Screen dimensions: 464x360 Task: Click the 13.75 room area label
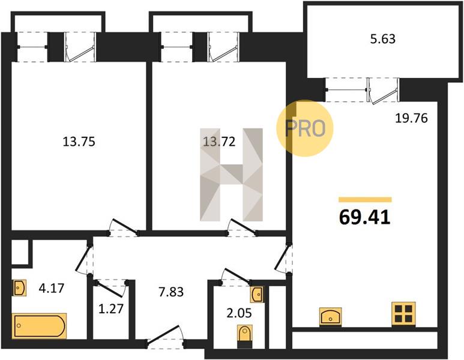pos(79,142)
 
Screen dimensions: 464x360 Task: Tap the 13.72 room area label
pos(219,142)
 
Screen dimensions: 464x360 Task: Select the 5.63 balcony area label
pos(383,39)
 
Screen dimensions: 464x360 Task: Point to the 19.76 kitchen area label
pos(412,118)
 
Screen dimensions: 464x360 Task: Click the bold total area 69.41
pos(365,217)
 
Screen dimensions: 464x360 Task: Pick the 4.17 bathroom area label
pos(52,288)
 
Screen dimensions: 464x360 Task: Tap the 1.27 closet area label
pos(110,309)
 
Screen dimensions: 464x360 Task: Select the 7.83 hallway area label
pos(171,292)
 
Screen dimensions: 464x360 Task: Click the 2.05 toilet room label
pos(239,313)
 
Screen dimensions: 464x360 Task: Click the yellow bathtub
pos(39,326)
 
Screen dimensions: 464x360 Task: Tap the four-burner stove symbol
pos(403,314)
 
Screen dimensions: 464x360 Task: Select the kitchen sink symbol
pos(331,317)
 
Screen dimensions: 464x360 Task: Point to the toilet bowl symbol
pos(245,337)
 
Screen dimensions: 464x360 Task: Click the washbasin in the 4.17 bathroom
pos(19,287)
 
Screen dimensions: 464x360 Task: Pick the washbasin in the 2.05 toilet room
pos(256,295)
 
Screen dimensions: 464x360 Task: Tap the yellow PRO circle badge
pos(305,128)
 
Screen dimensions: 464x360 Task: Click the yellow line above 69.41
pos(365,200)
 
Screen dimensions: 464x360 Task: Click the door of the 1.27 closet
pos(110,289)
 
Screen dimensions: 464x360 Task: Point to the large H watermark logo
pos(231,175)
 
